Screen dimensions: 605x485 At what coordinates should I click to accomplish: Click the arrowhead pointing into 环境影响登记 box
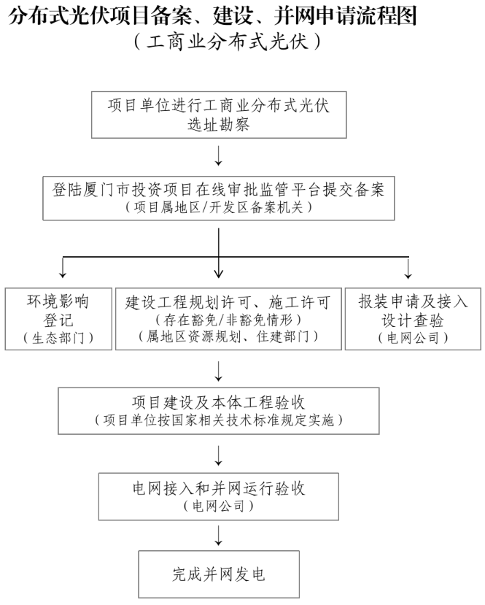point(63,274)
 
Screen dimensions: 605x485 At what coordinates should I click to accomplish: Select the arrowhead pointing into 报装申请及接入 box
point(408,274)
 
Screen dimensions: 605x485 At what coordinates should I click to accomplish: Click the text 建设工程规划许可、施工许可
point(228,301)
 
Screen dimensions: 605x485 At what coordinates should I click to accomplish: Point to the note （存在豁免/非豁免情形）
point(228,319)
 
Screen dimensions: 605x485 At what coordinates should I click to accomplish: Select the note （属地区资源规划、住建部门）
point(228,336)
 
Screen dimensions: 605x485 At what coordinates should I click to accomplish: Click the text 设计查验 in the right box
point(413,319)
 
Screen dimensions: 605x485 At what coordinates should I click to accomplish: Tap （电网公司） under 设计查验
point(413,337)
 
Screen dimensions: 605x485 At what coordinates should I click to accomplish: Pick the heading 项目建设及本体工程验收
point(219,403)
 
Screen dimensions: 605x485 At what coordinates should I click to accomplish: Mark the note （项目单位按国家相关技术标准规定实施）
point(219,420)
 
